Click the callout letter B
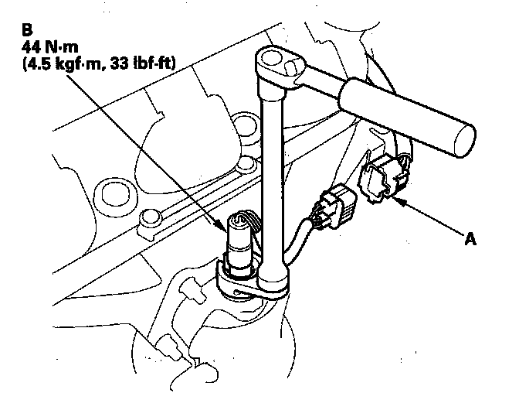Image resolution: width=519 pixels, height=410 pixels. point(27,31)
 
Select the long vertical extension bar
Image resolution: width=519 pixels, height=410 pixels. point(272,170)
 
